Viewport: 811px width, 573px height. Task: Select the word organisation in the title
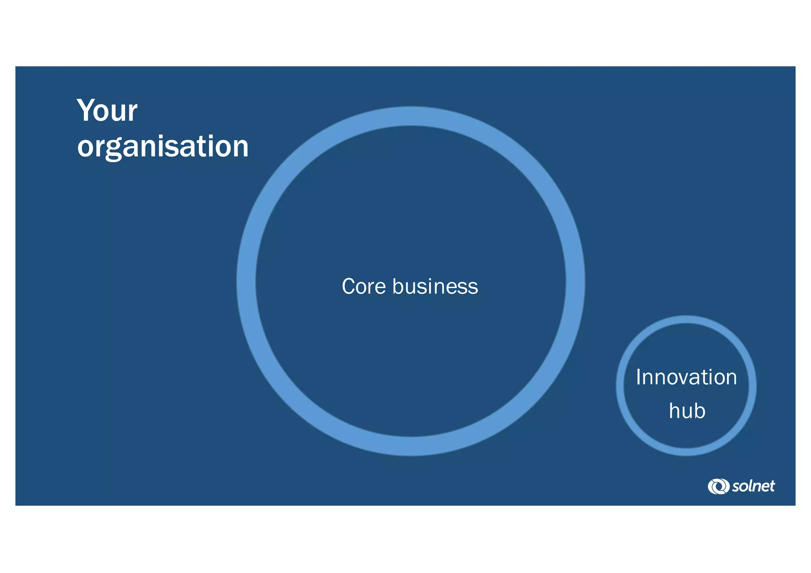(163, 147)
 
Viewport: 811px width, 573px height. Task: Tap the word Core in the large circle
(364, 286)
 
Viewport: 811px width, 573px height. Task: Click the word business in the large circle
(435, 286)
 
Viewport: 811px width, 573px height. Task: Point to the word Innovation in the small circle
(686, 377)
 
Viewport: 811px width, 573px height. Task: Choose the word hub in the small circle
(687, 411)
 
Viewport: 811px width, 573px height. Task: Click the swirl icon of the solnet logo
(718, 486)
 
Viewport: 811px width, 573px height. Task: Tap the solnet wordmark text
(753, 486)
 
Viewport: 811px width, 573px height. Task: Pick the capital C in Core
(349, 286)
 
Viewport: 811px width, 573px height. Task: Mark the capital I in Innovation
(639, 377)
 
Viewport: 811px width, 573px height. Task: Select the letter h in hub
(675, 411)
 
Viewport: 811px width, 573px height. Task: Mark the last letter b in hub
(699, 411)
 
